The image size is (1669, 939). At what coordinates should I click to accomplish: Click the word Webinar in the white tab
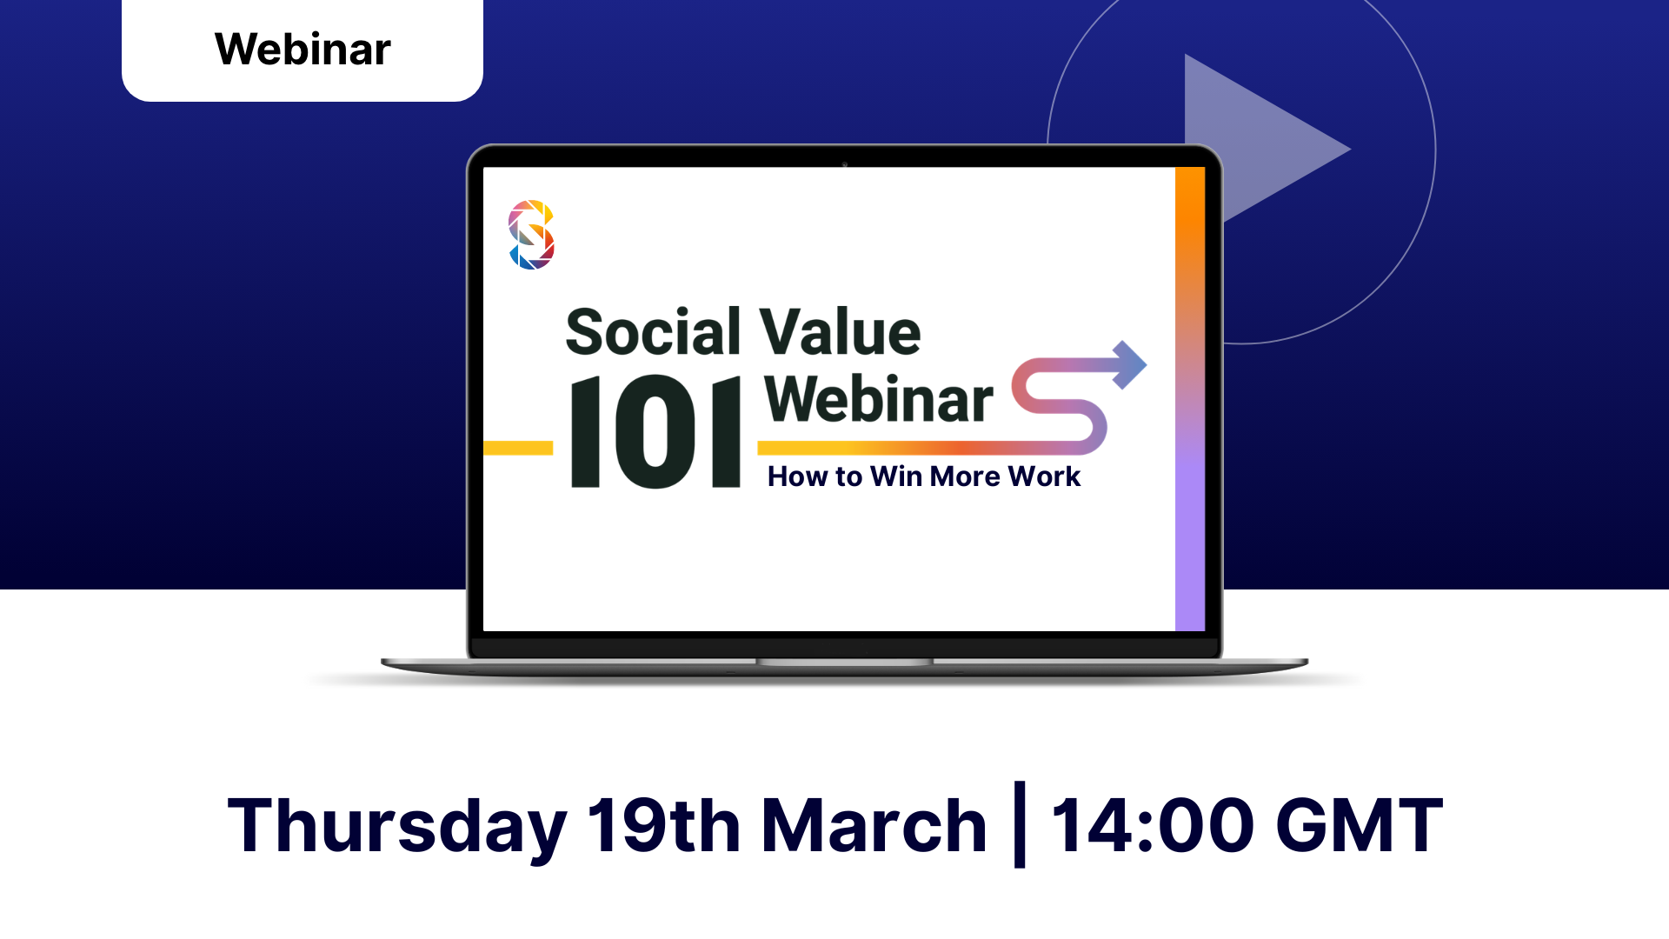click(x=303, y=49)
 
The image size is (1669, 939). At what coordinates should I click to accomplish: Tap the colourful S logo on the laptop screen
click(x=531, y=235)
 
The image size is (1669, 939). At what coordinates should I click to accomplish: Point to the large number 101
click(x=655, y=432)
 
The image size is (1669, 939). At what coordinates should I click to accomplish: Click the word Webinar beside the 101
click(x=879, y=399)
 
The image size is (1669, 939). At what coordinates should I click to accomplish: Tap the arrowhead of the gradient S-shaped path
click(x=1129, y=365)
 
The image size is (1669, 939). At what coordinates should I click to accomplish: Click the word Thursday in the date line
click(x=397, y=826)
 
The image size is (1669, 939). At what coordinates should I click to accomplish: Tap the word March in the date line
click(x=874, y=824)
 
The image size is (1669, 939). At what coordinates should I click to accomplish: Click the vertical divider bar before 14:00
click(x=1020, y=824)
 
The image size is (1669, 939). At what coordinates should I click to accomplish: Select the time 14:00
click(x=1153, y=824)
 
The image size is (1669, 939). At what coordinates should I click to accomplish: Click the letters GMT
click(x=1360, y=824)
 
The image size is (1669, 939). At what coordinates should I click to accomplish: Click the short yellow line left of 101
click(x=518, y=448)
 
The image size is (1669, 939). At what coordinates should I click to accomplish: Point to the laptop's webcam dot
click(x=844, y=163)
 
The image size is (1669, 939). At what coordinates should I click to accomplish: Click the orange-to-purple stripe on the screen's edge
click(x=1190, y=398)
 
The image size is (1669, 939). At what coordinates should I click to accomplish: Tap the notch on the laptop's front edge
click(x=844, y=663)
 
